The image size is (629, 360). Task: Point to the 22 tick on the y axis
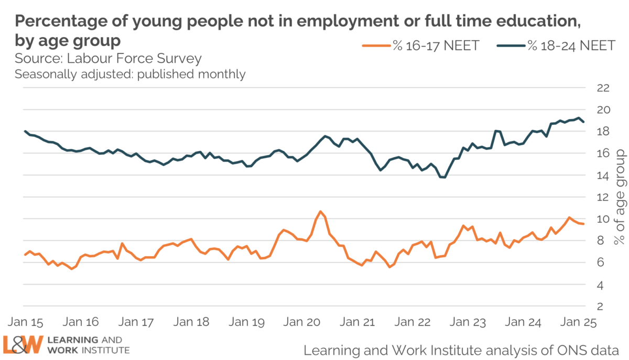[603, 88]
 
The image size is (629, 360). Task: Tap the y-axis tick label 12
[603, 197]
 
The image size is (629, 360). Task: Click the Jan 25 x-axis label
[577, 321]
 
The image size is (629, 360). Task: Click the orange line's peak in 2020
[320, 211]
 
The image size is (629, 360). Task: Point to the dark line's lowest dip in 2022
[443, 178]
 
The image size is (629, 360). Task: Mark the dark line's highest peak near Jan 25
[579, 118]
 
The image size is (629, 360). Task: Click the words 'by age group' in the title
[68, 40]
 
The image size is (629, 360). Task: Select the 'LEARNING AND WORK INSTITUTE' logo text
[86, 344]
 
